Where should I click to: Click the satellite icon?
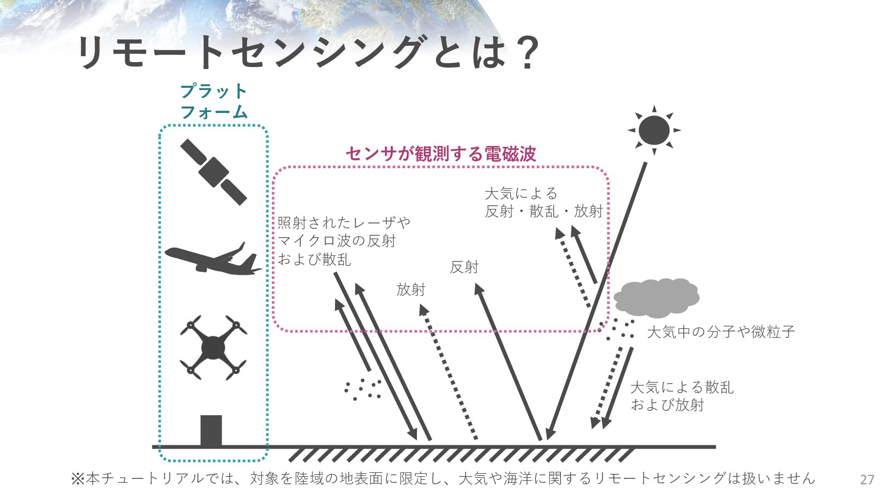coord(213,172)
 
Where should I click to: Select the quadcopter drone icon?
coord(213,348)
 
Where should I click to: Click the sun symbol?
coord(654,131)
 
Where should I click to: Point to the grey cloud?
coord(656,298)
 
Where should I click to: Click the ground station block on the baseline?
coord(211,431)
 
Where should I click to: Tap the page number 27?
coord(867,479)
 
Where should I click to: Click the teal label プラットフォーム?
coord(214,102)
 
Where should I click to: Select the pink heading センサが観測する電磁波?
coord(441,154)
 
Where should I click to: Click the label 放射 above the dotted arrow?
coord(410,289)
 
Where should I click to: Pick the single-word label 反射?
coord(464,267)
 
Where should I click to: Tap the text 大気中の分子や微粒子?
coord(721,332)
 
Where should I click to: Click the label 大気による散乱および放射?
coord(682,396)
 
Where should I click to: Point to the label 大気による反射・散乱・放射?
coord(544,202)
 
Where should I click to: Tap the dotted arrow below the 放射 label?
coord(449,372)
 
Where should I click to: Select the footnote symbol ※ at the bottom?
coord(78,479)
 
